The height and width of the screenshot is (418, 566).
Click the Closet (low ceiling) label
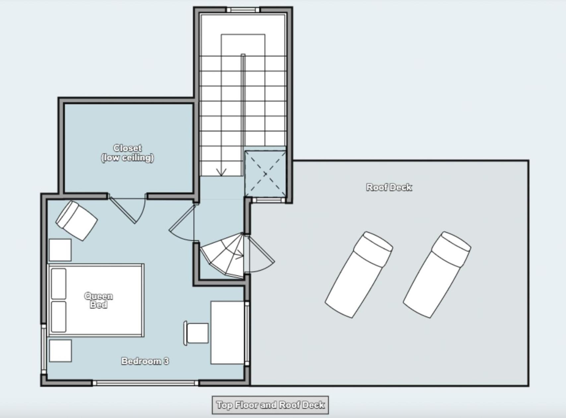click(x=127, y=153)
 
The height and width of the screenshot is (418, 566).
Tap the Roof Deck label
click(x=389, y=187)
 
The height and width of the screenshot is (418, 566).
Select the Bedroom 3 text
click(x=145, y=361)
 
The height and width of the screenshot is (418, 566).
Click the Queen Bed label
click(x=98, y=300)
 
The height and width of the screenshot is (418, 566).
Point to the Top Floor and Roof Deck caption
click(x=270, y=405)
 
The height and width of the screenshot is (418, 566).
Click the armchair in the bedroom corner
click(x=77, y=220)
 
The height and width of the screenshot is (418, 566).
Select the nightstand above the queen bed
click(x=60, y=250)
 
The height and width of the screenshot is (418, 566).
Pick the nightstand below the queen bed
click(x=60, y=350)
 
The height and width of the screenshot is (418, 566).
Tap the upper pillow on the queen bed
click(x=58, y=284)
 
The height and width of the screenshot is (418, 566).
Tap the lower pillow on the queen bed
click(x=58, y=317)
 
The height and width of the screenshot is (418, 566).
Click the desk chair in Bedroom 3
click(x=196, y=333)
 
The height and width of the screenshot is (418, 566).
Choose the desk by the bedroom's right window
click(x=227, y=332)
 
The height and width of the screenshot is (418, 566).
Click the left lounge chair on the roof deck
click(x=359, y=275)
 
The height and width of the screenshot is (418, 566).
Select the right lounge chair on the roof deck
click(x=437, y=275)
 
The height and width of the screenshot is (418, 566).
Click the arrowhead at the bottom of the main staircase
click(x=221, y=173)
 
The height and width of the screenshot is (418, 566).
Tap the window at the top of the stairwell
click(x=243, y=10)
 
